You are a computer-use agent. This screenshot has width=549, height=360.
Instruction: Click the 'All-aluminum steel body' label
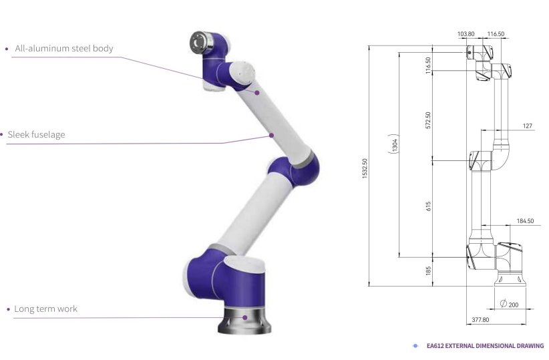64,48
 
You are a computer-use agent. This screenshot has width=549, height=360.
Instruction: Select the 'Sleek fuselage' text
37,135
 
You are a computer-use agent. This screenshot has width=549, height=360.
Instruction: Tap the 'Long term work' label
45,309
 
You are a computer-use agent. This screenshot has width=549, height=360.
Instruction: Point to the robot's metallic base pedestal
244,320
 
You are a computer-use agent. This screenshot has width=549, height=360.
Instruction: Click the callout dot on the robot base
245,318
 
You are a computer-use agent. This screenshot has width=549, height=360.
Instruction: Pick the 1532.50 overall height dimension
365,168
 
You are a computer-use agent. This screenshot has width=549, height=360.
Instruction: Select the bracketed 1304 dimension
395,144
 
